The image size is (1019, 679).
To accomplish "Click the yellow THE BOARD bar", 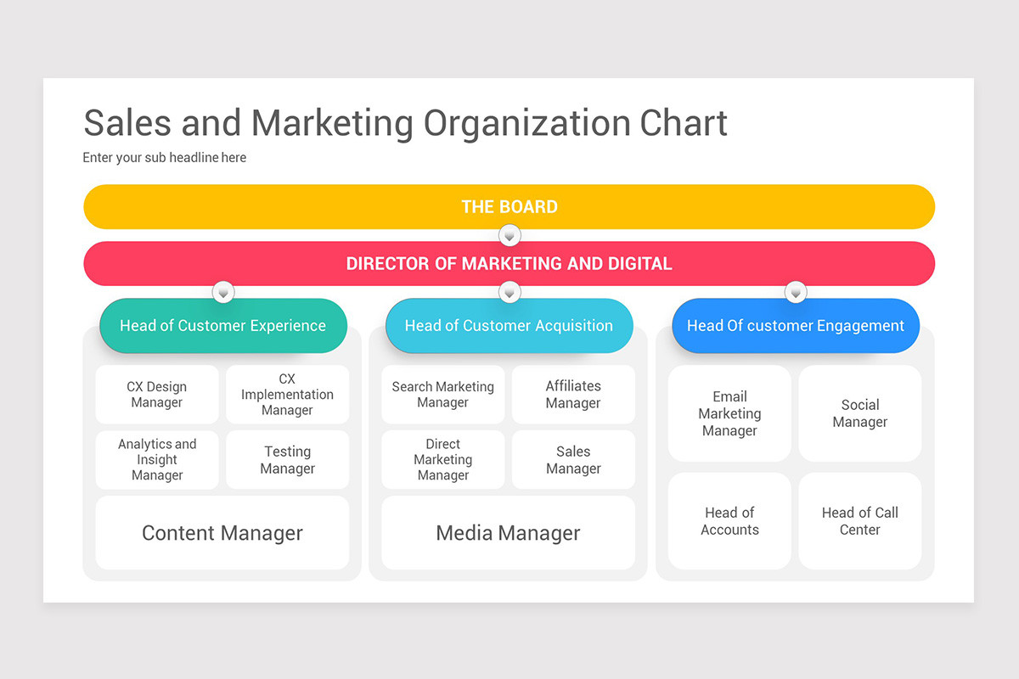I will click(x=509, y=206).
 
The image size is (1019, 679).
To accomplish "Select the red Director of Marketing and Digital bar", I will click(x=509, y=263).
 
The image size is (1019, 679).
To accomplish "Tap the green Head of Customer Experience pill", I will click(x=222, y=326).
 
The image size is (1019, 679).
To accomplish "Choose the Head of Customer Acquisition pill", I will click(x=509, y=326).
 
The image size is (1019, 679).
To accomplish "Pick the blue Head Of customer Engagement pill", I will click(x=796, y=326).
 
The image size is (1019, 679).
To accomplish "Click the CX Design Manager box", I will click(x=156, y=395).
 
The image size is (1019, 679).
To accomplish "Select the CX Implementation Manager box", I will click(x=287, y=395).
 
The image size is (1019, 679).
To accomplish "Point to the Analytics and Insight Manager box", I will click(x=156, y=459).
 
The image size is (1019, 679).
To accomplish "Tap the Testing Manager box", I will click(x=287, y=459).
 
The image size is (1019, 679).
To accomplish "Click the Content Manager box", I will click(x=222, y=533).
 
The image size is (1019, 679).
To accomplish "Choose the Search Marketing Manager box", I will click(x=442, y=395).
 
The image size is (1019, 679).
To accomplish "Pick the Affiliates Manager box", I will click(x=573, y=395).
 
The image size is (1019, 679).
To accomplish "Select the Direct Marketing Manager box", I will click(x=442, y=459).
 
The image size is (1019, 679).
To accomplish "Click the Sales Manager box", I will click(x=573, y=459).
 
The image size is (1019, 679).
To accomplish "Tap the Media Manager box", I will click(x=508, y=533).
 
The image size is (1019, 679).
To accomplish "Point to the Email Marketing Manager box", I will click(x=729, y=413).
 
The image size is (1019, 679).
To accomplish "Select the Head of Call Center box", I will click(x=859, y=521).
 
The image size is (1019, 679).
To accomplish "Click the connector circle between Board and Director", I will click(x=509, y=235).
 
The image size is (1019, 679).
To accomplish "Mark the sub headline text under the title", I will click(x=165, y=157).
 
